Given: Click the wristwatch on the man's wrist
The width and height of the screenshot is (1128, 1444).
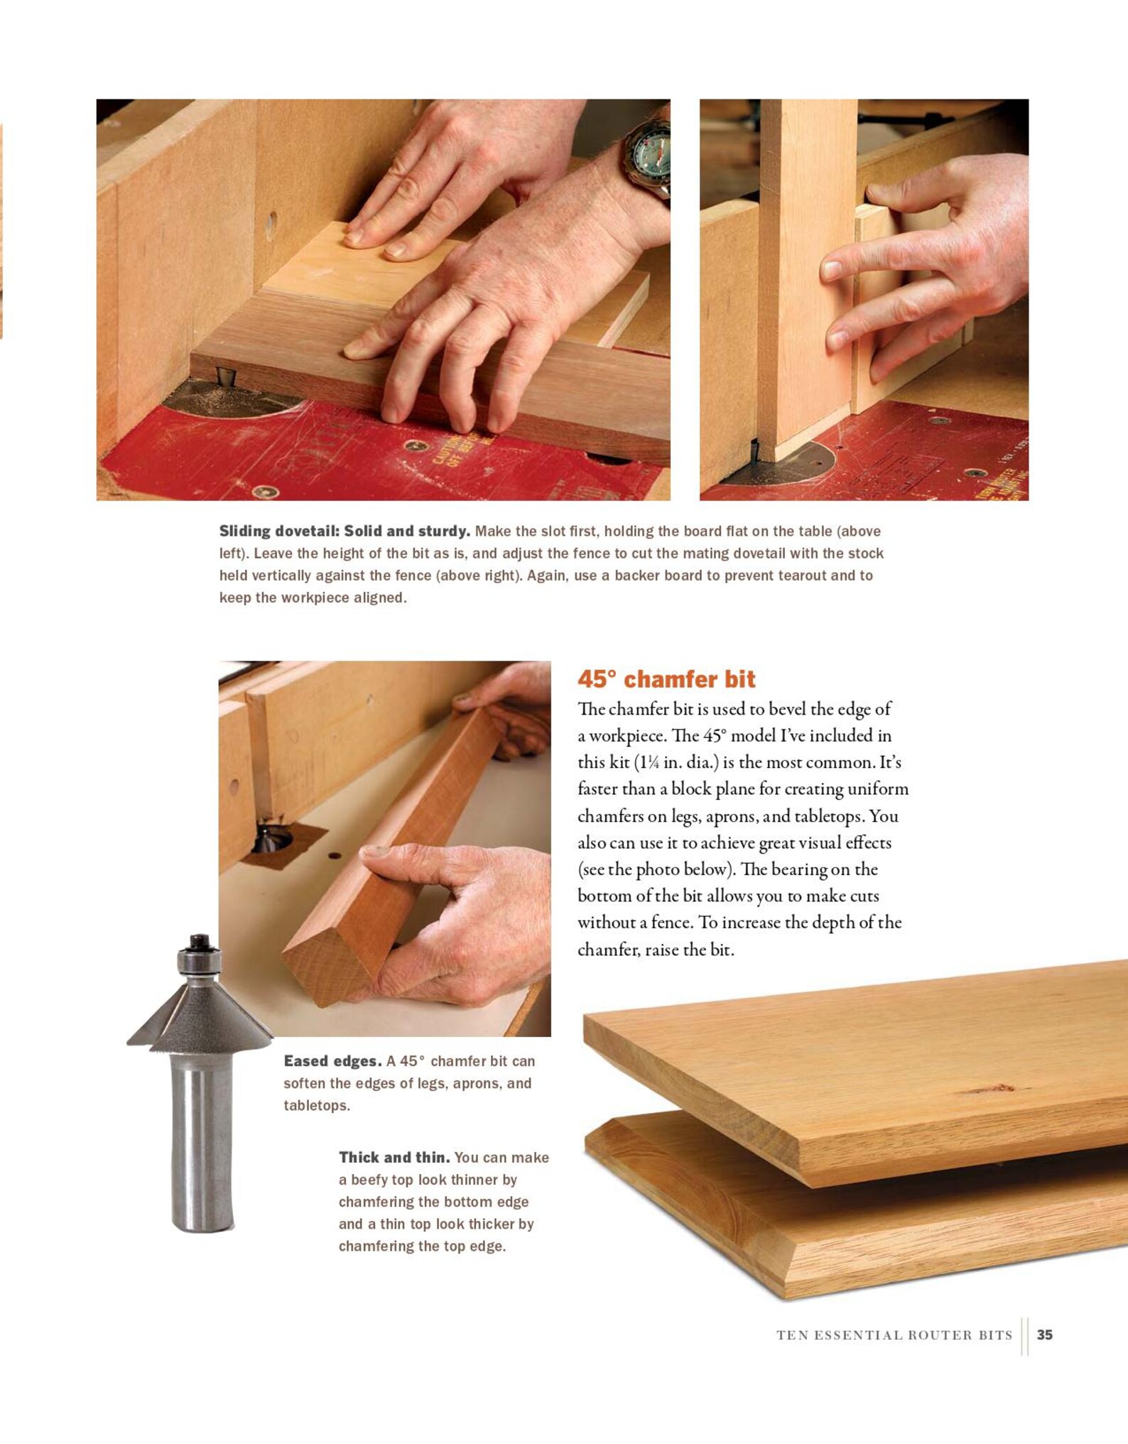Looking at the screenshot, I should pos(649,156).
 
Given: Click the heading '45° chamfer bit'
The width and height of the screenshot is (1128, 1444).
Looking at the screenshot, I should pos(666,679).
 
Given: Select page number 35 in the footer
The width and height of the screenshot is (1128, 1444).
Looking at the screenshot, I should pos(1044,1335).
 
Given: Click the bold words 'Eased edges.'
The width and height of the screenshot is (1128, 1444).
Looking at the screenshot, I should pos(332,1061).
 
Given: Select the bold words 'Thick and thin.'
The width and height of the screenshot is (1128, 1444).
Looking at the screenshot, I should pos(394,1158).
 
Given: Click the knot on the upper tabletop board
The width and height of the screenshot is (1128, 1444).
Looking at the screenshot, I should pos(997,1088).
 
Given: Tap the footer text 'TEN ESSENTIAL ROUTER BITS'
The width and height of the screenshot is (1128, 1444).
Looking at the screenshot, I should pos(894,1335).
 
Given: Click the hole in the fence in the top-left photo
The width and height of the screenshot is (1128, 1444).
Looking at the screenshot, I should pos(271,225).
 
